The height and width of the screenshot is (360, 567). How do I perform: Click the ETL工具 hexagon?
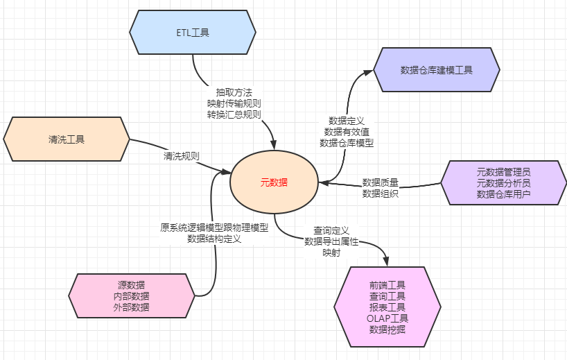pyautogui.click(x=193, y=32)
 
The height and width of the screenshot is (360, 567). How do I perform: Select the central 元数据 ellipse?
pyautogui.click(x=274, y=183)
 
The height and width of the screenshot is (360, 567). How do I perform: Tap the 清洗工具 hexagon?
pyautogui.click(x=67, y=139)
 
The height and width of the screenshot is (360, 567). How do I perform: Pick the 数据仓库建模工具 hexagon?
pyautogui.click(x=437, y=69)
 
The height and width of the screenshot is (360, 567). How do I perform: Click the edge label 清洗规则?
pyautogui.click(x=182, y=155)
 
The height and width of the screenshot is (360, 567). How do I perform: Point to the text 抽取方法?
pyautogui.click(x=234, y=92)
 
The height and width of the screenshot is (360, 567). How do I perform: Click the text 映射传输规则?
pyautogui.click(x=234, y=103)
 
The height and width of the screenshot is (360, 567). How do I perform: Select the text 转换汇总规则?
pyautogui.click(x=234, y=114)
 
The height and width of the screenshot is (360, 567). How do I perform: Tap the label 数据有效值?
pyautogui.click(x=347, y=131)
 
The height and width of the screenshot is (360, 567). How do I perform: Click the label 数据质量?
pyautogui.click(x=381, y=182)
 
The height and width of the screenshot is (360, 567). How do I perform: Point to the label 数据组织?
pyautogui.click(x=381, y=194)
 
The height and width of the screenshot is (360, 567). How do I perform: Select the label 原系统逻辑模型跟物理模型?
pyautogui.click(x=213, y=227)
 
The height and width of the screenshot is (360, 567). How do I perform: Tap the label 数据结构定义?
pyautogui.click(x=213, y=239)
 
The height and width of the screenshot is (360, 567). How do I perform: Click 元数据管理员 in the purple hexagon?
pyautogui.click(x=504, y=171)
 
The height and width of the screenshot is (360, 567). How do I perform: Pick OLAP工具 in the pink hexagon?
pyautogui.click(x=387, y=318)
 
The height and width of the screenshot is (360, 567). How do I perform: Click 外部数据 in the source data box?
pyautogui.click(x=131, y=307)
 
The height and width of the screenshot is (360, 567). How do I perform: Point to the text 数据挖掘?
pyautogui.click(x=387, y=329)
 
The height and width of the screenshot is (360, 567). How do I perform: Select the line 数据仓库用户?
pyautogui.click(x=504, y=194)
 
